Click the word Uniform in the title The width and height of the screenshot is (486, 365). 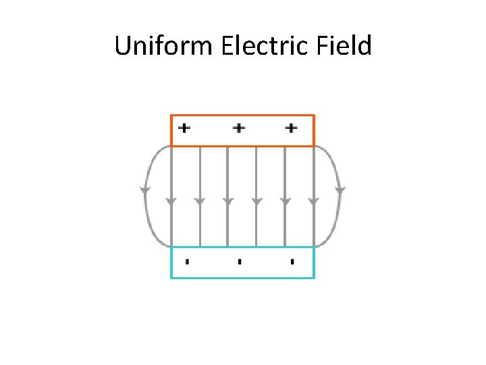(x=157, y=46)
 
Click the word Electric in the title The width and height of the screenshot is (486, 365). (x=259, y=46)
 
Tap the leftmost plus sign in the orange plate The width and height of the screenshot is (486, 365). (x=184, y=127)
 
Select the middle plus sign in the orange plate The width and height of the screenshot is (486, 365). (x=238, y=127)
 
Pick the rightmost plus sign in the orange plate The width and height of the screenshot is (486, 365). (x=291, y=127)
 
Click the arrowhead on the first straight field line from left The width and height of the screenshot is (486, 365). (x=171, y=201)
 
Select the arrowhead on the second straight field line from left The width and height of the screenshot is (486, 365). (x=200, y=201)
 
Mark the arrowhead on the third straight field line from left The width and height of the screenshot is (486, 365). (x=228, y=201)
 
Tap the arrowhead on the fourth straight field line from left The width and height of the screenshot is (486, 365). (x=256, y=201)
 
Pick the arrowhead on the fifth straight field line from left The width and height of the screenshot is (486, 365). (x=285, y=201)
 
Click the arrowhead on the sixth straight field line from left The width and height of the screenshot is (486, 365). (x=313, y=201)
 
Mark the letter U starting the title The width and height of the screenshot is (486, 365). (x=122, y=46)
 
